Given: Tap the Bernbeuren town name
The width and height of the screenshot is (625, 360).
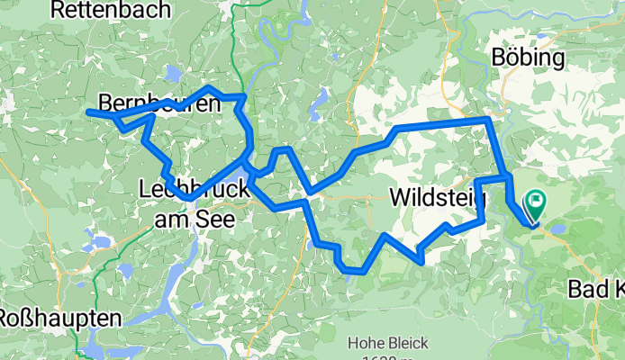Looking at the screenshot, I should click(159, 103).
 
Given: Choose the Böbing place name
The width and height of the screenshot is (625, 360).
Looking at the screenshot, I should click(530, 58).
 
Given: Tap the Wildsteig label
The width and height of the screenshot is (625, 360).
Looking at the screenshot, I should click(439, 195).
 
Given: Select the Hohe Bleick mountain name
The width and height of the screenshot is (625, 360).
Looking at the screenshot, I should click(388, 343).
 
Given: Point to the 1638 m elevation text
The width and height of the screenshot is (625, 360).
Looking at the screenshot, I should click(388, 357).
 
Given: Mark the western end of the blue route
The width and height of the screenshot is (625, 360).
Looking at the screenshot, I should click(88, 112).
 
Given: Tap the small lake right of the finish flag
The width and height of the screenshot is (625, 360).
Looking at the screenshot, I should click(558, 229).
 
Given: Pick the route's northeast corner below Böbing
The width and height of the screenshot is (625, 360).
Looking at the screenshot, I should click(487, 119).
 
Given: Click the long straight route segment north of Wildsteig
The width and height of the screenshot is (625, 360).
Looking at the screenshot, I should click(441, 124).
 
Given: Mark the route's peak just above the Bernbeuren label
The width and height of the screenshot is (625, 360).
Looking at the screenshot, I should click(209, 88).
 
